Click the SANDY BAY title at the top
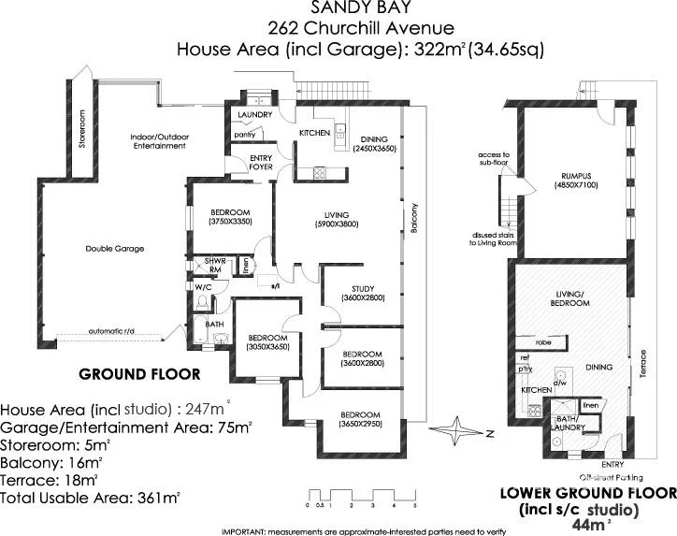tap(338, 9)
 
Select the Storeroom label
tap(82, 132)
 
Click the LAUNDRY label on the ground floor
tap(254, 115)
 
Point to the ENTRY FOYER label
tap(261, 163)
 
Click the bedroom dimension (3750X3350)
tap(229, 222)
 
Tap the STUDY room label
tap(363, 287)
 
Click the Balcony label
tap(412, 220)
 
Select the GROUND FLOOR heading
tap(139, 374)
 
